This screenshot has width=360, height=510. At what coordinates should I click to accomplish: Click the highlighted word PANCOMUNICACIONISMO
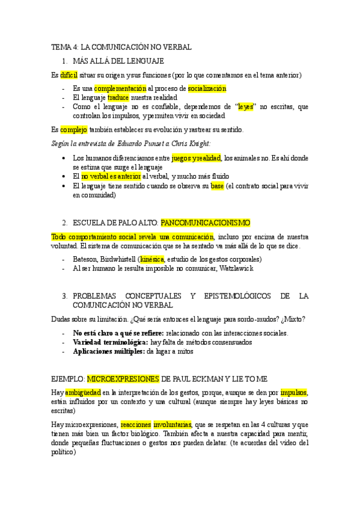[206, 223]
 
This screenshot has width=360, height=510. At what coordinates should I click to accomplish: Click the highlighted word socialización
[206, 88]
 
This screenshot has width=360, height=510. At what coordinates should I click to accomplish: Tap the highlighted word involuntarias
[172, 424]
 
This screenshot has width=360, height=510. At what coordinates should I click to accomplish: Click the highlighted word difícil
[69, 75]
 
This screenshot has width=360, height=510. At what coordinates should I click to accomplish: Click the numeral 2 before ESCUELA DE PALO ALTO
[65, 223]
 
